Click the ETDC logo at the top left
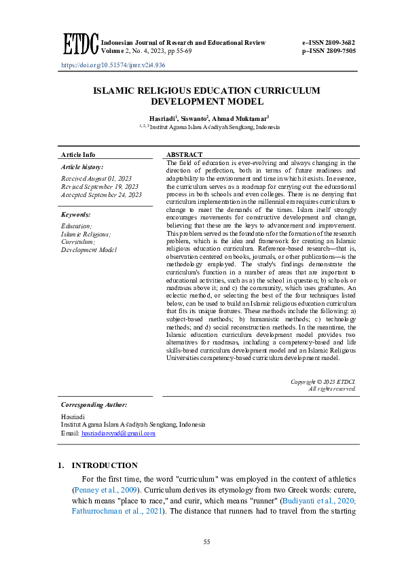click(80, 44)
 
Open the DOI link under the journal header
click(113, 65)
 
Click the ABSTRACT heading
click(185, 155)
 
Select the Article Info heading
click(78, 155)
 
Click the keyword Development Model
click(89, 250)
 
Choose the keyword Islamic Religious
click(86, 234)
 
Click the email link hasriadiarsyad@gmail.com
click(118, 433)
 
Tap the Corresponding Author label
click(94, 404)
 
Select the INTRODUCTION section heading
click(105, 465)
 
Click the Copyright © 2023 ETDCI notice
click(323, 381)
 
